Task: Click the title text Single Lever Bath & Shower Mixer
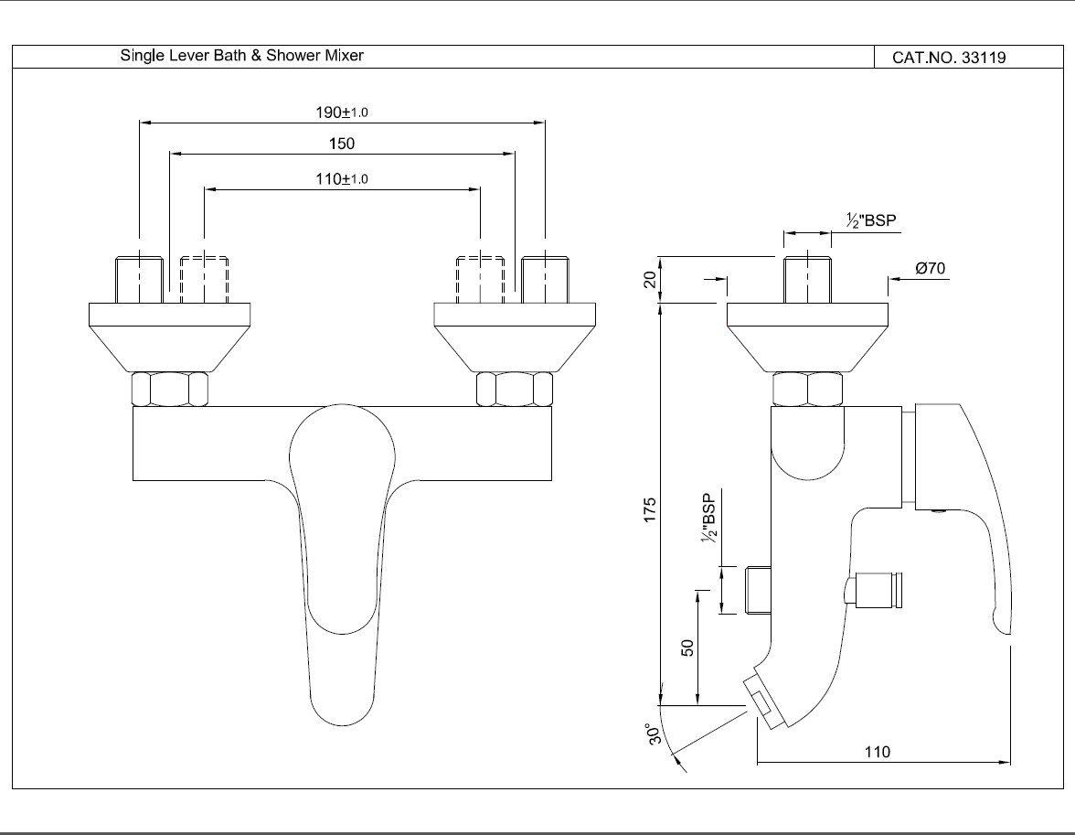pos(242,56)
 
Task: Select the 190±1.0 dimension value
pos(341,112)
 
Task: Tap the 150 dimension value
pos(341,144)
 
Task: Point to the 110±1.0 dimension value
pos(341,179)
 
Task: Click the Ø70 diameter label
pos(929,269)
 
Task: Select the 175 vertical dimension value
pos(650,510)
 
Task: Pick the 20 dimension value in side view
pos(650,280)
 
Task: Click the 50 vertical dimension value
pos(688,647)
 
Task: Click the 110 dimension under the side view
pos(877,752)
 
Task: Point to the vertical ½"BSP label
pos(709,522)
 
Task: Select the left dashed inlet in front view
pos(204,280)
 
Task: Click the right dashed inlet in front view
pos(480,280)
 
